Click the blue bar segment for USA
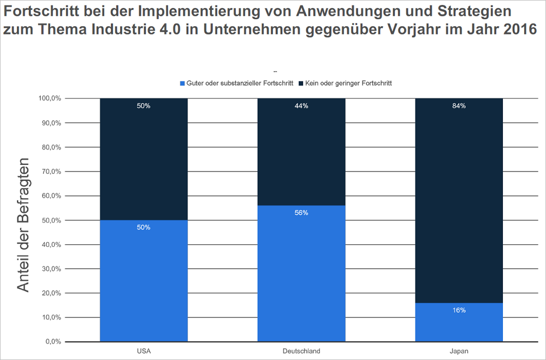(x=144, y=281)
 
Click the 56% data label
(x=301, y=213)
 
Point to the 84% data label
(x=459, y=106)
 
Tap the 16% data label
(x=459, y=310)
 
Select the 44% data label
(x=301, y=106)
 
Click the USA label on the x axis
(x=144, y=351)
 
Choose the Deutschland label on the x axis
(x=301, y=351)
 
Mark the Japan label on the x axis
(x=459, y=351)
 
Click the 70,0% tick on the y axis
(x=52, y=172)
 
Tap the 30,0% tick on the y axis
(x=52, y=269)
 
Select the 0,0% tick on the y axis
(x=54, y=342)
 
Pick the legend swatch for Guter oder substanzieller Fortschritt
(x=182, y=84)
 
